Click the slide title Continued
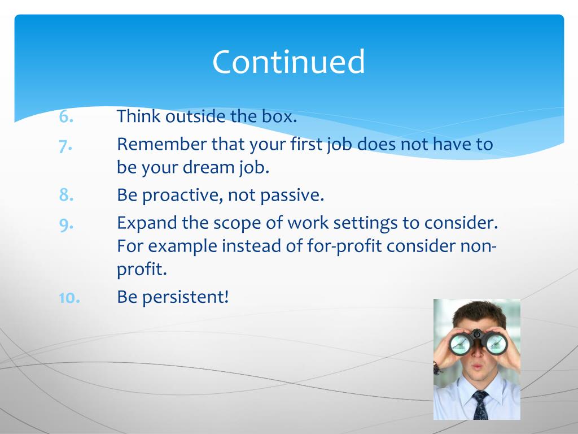click(288, 62)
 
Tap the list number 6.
click(67, 117)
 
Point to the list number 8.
click(67, 194)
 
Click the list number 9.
click(67, 224)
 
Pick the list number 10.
click(69, 297)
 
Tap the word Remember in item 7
click(162, 144)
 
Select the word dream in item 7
click(209, 167)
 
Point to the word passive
click(292, 196)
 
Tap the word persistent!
click(185, 297)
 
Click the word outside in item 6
click(195, 116)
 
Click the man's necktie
click(480, 405)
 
